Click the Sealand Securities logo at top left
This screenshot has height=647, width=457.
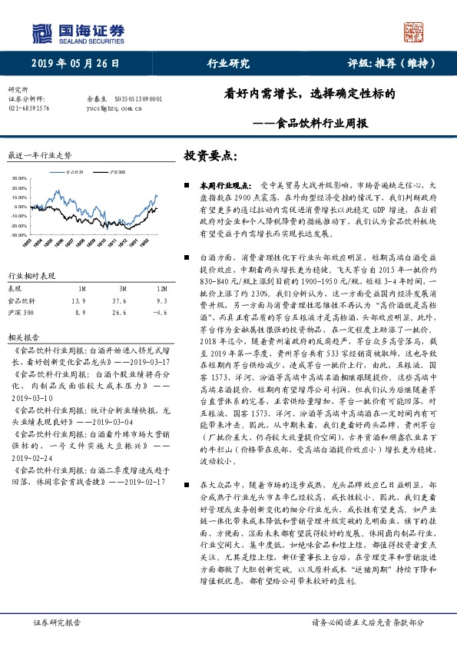77,32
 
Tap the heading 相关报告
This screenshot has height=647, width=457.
19,337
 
